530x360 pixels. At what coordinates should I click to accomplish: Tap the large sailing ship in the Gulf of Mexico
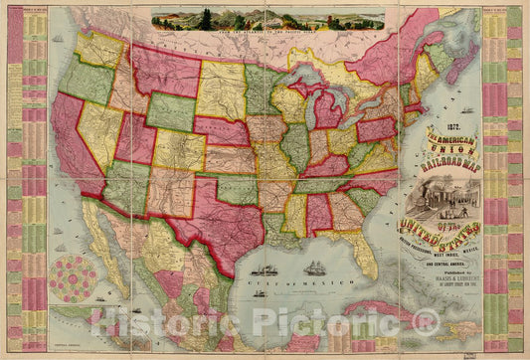(x=315, y=269)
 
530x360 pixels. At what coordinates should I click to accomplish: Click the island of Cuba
(x=398, y=295)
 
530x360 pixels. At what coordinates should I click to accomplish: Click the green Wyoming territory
(x=171, y=112)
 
